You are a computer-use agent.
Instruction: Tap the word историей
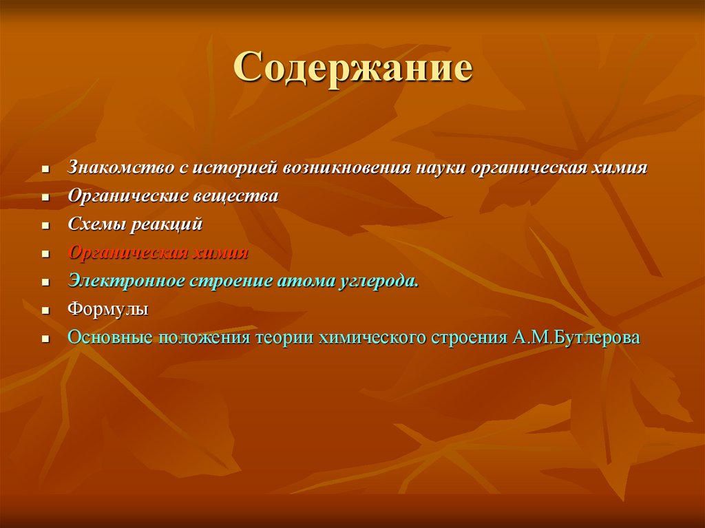[233, 168]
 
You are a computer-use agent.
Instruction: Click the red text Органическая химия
[158, 253]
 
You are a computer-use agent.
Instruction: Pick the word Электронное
[125, 281]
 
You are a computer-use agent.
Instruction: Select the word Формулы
[107, 309]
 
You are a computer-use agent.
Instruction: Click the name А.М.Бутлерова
[576, 338]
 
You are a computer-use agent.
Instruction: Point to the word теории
[285, 338]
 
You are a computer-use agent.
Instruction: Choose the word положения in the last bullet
[205, 338]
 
